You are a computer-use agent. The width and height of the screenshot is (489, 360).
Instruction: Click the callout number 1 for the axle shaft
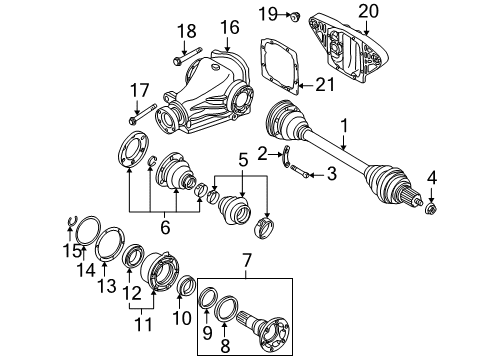pos(345,128)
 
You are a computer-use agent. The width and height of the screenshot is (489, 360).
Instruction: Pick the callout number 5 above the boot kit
pos(243,159)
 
